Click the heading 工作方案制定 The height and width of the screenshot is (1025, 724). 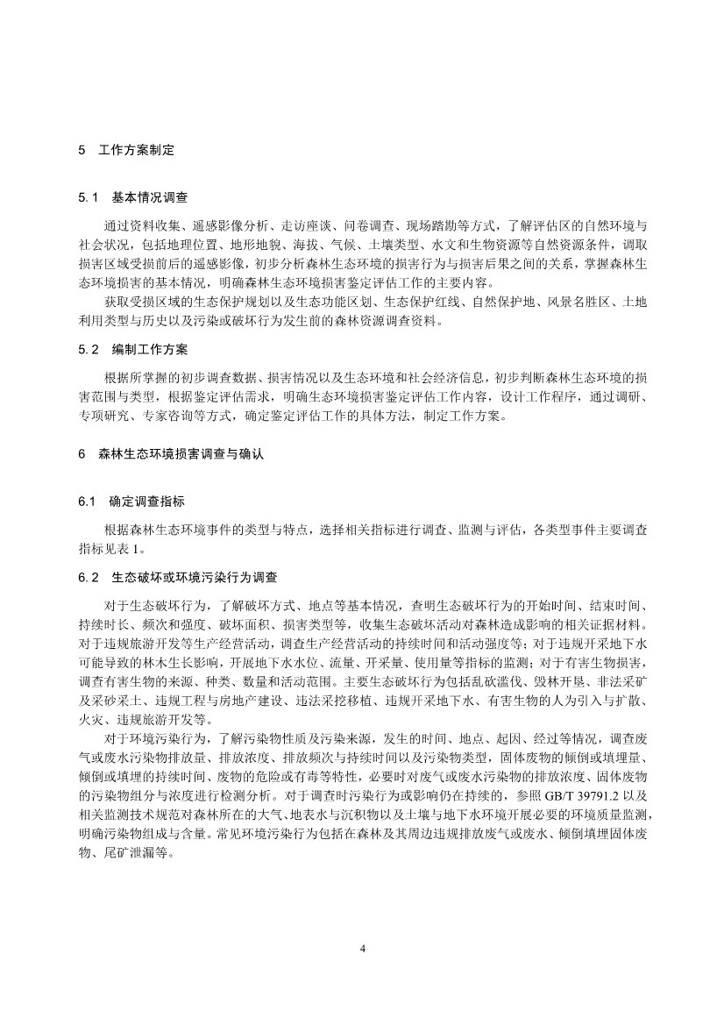[137, 150]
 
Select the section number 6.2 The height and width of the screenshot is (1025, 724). [89, 578]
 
